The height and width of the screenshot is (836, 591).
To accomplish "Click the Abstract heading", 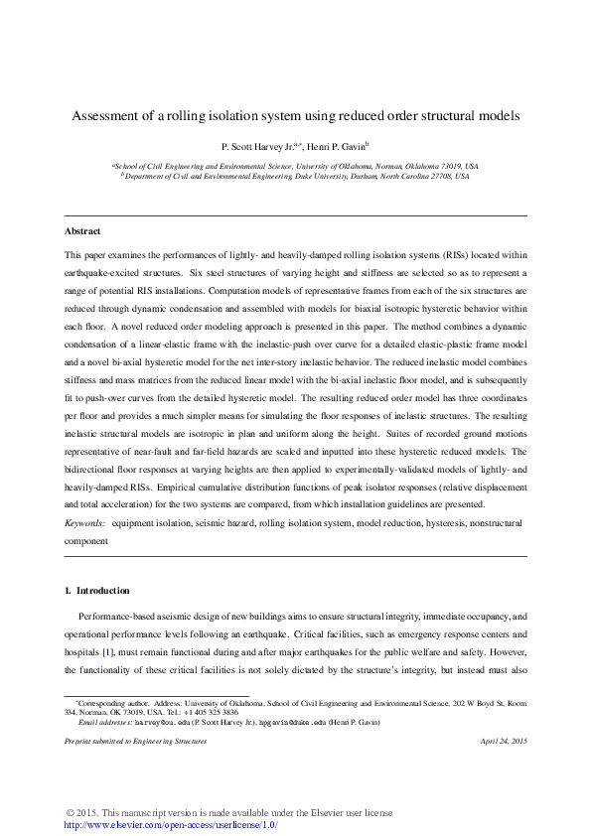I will point(81,231).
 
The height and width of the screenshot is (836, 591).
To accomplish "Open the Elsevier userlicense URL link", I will point(170,825).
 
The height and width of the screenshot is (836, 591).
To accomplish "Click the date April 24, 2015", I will point(503,742).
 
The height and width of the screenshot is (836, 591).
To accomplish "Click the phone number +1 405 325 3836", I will point(211,712).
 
